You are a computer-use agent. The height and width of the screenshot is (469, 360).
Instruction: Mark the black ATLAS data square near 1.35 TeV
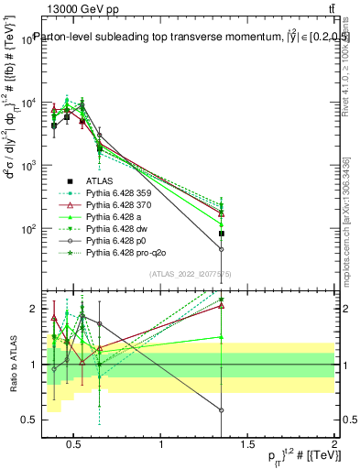[x=222, y=234]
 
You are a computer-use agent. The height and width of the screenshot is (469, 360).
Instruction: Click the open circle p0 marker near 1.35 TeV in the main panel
[x=222, y=249]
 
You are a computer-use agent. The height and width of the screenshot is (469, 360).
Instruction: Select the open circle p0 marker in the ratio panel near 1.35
[x=222, y=410]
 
